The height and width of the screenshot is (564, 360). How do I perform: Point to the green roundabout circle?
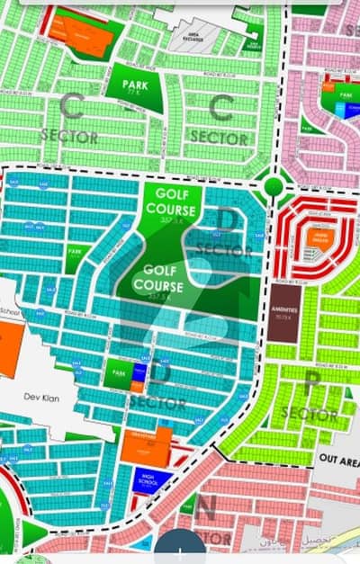click(273, 186)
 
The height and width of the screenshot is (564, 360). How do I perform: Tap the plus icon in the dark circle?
click(180, 552)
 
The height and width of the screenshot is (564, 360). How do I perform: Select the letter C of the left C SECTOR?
click(71, 108)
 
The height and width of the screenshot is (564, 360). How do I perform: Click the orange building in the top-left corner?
click(83, 33)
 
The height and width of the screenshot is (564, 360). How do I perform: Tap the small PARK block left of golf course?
click(75, 259)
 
